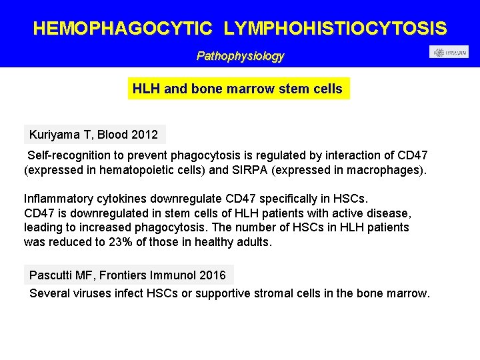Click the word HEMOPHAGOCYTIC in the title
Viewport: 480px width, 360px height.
pos(123,29)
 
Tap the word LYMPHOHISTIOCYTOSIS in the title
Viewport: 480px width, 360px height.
pos(335,29)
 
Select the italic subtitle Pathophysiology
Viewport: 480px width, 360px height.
pos(240,57)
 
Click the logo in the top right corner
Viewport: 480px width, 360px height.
pos(449,52)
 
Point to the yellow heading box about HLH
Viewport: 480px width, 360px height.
pos(238,89)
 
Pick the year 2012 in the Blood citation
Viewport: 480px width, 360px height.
pos(145,135)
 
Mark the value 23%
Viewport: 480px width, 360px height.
pos(121,242)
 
